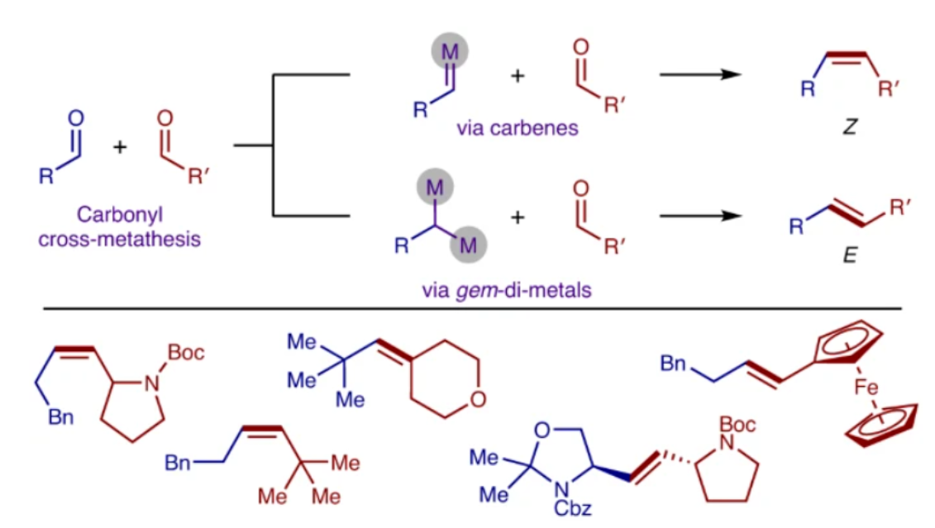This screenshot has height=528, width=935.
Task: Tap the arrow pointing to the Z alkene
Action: (x=698, y=74)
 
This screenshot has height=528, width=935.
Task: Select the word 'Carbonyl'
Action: (x=121, y=216)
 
